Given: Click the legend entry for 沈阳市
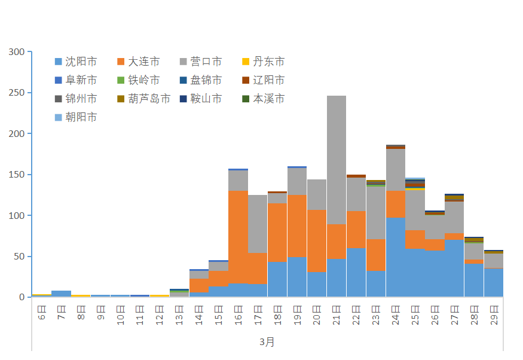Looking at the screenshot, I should point(75,62).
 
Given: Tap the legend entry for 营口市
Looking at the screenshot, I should point(201,62).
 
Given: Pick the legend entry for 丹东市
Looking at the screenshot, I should point(263,62).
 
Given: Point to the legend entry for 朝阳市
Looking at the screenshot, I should point(75,117).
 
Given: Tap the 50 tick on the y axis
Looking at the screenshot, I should point(19,257).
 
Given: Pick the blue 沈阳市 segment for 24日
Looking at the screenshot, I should point(395,257).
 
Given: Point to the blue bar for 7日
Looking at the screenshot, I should point(61,294).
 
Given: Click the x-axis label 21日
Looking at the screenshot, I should point(336,315).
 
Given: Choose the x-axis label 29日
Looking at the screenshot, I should point(494,315).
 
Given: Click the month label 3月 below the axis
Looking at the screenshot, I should point(267,342).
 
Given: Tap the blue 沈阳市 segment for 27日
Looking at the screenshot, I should point(454,269).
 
